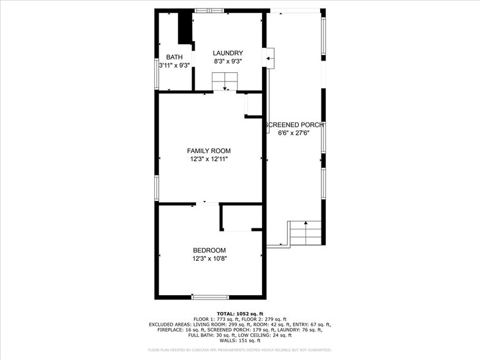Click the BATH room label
tap(174, 57)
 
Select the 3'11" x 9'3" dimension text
tap(174, 65)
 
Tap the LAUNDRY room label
tap(228, 53)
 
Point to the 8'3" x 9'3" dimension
tap(228, 61)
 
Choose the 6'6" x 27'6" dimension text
tap(294, 133)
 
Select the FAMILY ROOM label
tap(209, 151)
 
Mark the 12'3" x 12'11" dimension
tap(209, 159)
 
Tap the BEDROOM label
tap(209, 250)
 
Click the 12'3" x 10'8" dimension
tap(209, 258)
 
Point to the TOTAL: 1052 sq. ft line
tap(239, 313)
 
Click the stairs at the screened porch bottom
tap(305, 233)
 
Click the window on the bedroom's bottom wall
tap(210, 298)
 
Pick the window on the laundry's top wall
tap(209, 10)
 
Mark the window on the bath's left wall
tap(156, 72)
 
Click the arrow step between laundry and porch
tap(269, 57)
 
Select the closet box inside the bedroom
tap(236, 217)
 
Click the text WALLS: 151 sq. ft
tap(239, 340)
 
